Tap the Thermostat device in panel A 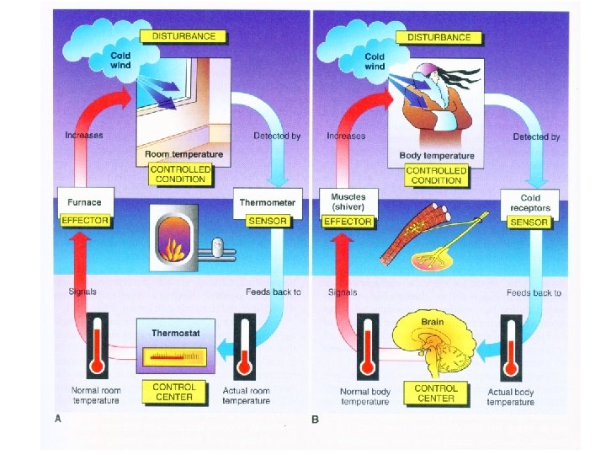(175, 346)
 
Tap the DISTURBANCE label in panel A (183, 36)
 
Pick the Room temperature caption (183, 155)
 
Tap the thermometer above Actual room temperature (245, 345)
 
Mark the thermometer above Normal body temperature (364, 345)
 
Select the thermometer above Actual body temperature (510, 345)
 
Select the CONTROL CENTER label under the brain (437, 393)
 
